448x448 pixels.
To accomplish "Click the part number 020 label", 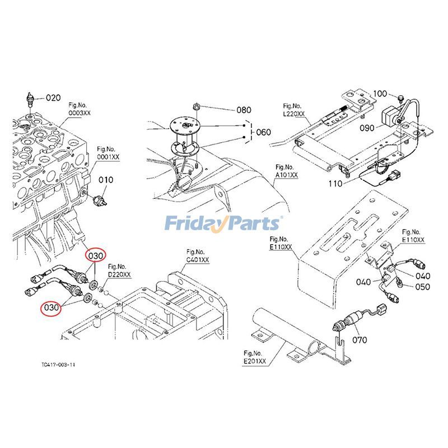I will click(53, 97).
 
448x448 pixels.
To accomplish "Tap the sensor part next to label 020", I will click(31, 99).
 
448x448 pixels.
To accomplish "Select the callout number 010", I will click(106, 180).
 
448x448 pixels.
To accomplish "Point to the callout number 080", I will click(244, 110).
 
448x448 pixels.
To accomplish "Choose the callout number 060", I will click(263, 132).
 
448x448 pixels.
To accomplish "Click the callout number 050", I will click(422, 287).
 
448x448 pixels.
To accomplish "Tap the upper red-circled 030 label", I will click(95, 255).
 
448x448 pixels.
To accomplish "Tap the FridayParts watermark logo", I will click(223, 223).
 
